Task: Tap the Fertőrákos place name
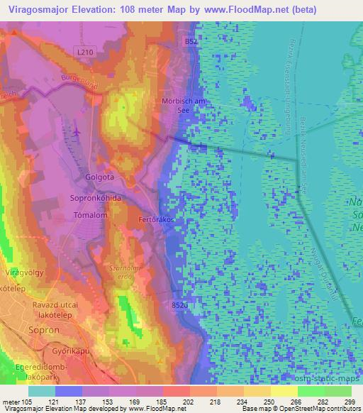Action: click(x=150, y=220)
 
